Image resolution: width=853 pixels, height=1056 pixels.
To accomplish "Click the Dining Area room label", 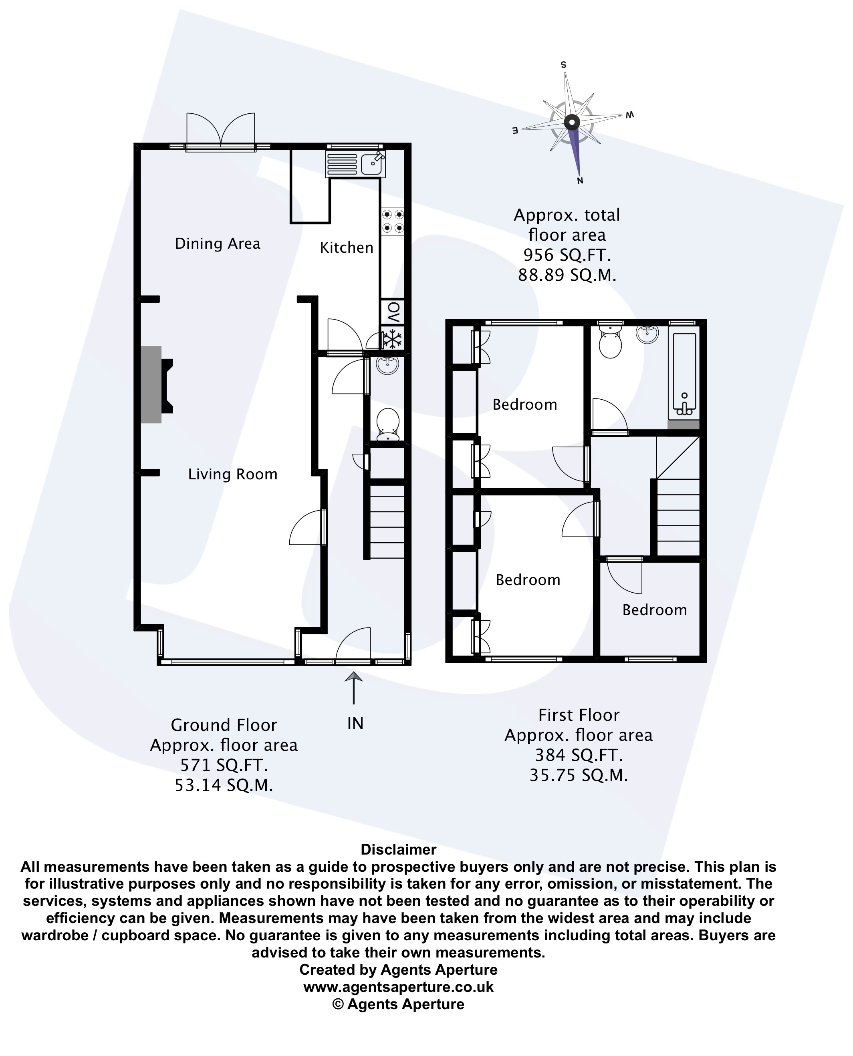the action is tap(218, 243).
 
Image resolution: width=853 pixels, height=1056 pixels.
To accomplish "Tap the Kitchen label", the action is tap(347, 247).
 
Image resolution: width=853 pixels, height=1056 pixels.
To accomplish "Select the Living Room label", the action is tap(233, 475).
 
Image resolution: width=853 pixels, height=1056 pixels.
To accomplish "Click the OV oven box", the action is tap(393, 312).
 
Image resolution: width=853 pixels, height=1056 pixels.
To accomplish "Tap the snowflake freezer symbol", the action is tap(393, 339).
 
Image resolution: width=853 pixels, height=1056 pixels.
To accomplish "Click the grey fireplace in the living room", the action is tap(156, 384).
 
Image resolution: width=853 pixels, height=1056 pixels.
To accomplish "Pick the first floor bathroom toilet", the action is tap(610, 342).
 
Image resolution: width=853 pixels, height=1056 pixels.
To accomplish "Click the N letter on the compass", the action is tap(580, 181).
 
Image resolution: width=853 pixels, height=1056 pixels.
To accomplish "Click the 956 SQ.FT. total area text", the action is tap(567, 255).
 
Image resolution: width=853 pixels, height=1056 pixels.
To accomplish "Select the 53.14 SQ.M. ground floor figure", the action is tap(224, 785).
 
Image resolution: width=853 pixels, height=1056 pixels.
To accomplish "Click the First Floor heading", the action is tap(579, 715).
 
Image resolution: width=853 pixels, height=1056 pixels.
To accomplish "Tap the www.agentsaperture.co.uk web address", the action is tap(399, 987).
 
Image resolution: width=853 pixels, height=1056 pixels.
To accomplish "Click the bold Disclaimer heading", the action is tap(399, 850).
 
